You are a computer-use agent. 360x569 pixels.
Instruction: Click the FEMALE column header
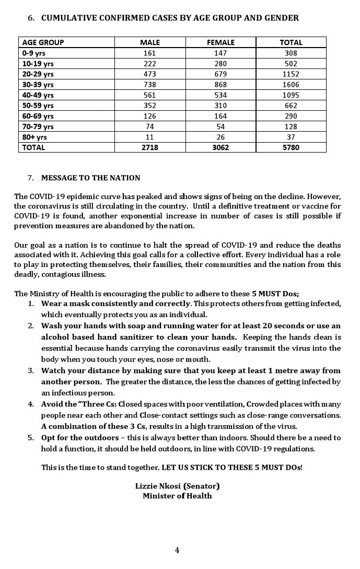pos(221,42)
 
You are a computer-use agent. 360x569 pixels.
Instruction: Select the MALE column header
pos(150,42)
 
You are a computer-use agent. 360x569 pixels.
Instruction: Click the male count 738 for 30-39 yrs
pos(150,84)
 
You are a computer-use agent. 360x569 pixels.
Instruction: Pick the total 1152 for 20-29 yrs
pos(291,74)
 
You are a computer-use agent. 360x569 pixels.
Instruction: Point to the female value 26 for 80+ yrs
pos(221,137)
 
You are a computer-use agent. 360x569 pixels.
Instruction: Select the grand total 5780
pos(291,147)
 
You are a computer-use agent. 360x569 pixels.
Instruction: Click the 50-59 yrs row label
pos(38,106)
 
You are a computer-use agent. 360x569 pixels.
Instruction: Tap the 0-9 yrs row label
pos(33,53)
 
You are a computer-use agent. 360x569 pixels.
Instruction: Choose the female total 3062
pos(221,147)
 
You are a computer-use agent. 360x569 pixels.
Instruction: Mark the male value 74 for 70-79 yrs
pos(150,126)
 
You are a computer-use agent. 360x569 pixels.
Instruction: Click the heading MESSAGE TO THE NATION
pos(90,178)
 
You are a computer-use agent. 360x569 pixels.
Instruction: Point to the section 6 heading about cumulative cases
pos(170,18)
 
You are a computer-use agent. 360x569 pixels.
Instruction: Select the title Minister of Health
pos(177,496)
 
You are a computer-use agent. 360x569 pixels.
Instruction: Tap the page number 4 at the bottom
pos(177,550)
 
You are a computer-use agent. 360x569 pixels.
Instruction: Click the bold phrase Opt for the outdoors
pos(78,437)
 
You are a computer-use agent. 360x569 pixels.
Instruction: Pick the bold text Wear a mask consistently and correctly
pos(115,304)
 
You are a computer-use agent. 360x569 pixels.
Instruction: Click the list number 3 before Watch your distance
pos(31,370)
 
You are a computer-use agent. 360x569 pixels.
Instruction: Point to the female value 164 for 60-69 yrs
pos(221,116)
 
